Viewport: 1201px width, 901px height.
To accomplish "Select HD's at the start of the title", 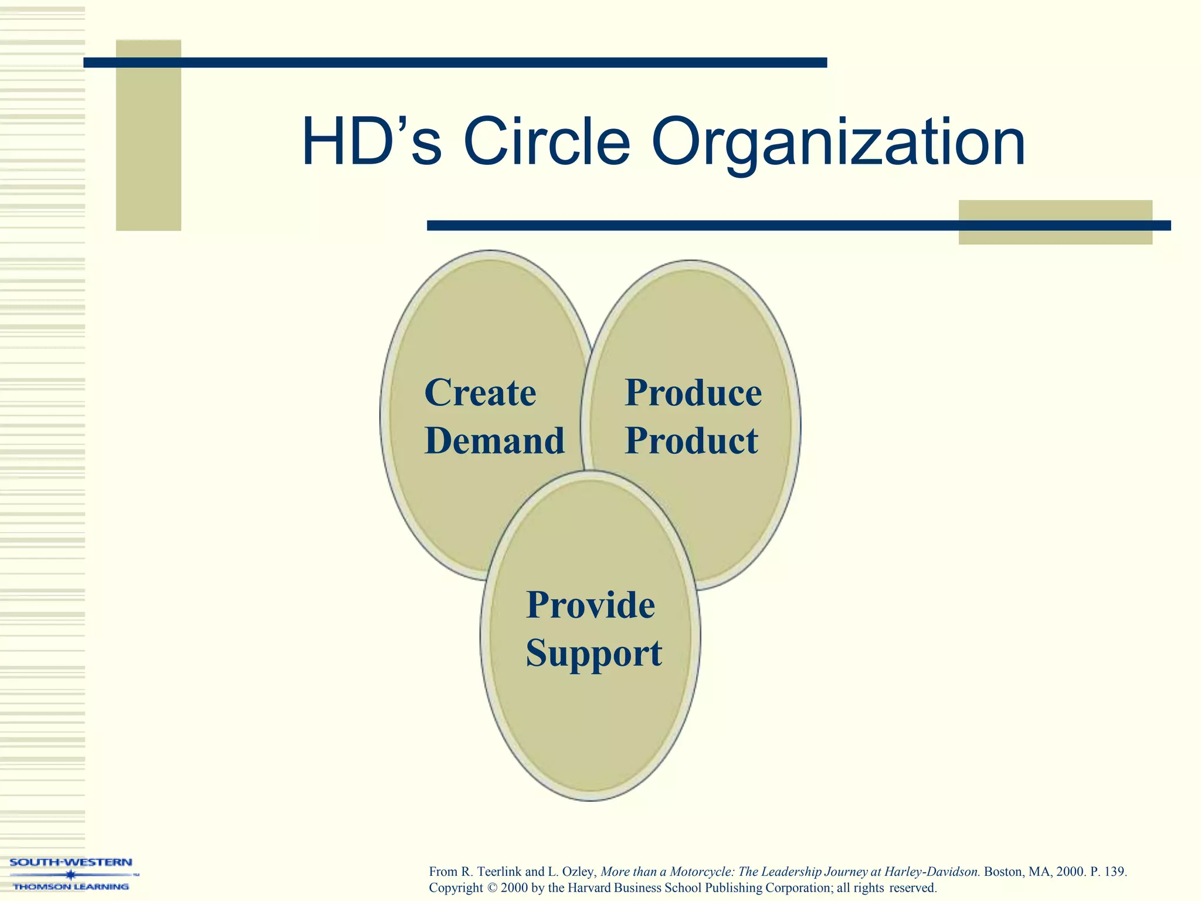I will coord(371,143).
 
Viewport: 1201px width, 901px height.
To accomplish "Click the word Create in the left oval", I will coord(480,392).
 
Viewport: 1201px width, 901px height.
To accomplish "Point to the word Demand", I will coord(494,441).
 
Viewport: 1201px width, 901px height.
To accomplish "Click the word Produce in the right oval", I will coord(693,392).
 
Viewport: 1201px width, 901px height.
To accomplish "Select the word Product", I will coord(691,441).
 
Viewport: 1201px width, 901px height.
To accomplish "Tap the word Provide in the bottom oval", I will coord(590,605).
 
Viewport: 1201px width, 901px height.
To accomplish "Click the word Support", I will coord(593,653).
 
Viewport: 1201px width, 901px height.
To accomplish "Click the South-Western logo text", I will coord(71,862).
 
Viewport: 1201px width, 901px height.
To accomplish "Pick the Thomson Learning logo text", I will coord(71,886).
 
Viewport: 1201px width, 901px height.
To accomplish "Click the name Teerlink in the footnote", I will coord(499,872).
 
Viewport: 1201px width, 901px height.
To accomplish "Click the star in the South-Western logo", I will coord(70,875).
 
